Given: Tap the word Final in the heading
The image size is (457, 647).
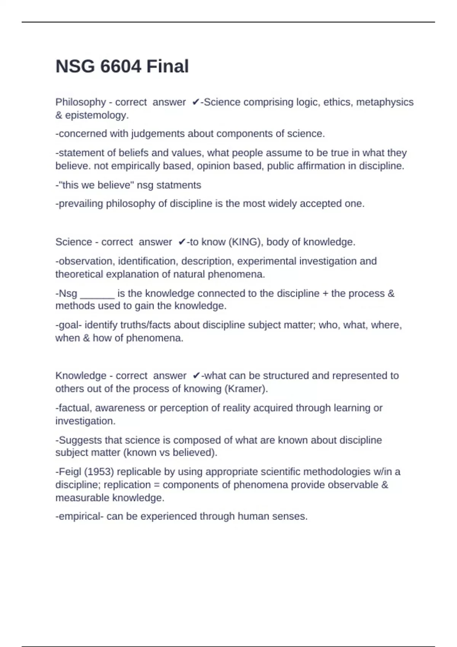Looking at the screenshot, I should point(168,66).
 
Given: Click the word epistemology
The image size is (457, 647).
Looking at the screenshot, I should point(97,115).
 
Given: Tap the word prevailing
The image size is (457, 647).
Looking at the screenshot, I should point(81,204).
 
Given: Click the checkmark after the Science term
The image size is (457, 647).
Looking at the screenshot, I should point(182,242).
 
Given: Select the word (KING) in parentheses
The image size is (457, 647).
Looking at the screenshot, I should point(245,242).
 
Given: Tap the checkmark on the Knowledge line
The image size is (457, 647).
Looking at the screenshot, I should point(197,376).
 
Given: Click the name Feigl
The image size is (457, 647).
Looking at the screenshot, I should point(70,472).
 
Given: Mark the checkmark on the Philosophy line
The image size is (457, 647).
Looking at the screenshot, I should point(196,102).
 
